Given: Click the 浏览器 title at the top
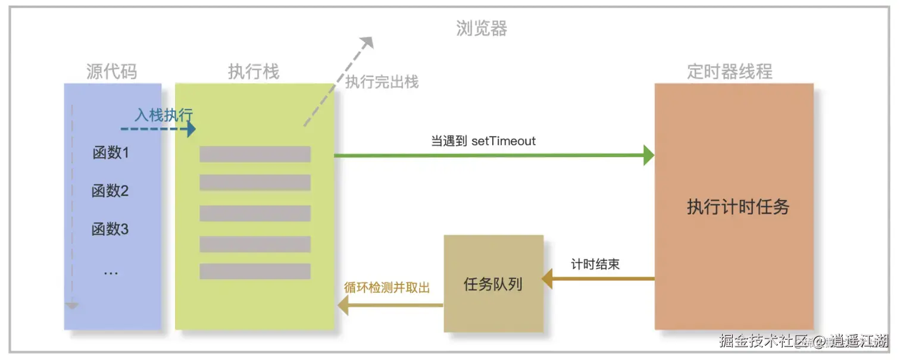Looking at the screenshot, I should pyautogui.click(x=482, y=29).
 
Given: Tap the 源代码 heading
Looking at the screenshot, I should pyautogui.click(x=112, y=71).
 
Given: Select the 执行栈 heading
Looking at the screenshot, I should pyautogui.click(x=254, y=71).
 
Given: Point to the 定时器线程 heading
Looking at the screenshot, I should pyautogui.click(x=730, y=71).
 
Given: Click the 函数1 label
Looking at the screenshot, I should pyautogui.click(x=111, y=153).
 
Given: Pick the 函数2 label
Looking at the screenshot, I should pyautogui.click(x=110, y=191).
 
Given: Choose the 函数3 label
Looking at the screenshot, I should pyautogui.click(x=110, y=229).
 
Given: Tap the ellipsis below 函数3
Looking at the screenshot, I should pyautogui.click(x=111, y=273).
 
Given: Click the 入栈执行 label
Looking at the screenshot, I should pyautogui.click(x=163, y=114).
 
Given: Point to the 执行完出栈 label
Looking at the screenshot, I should pyautogui.click(x=382, y=82).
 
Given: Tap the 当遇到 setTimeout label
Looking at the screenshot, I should pyautogui.click(x=483, y=142).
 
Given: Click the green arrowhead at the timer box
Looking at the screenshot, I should pyautogui.click(x=649, y=155).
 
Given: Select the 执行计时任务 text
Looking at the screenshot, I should pyautogui.click(x=737, y=206).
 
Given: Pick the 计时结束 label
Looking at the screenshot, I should pyautogui.click(x=595, y=264).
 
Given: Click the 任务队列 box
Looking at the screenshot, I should pyautogui.click(x=493, y=284).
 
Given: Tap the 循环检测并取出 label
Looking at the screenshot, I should pyautogui.click(x=387, y=287).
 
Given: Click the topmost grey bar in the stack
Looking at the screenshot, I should pyautogui.click(x=255, y=154).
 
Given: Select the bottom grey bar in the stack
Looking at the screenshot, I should pyautogui.click(x=255, y=271).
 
